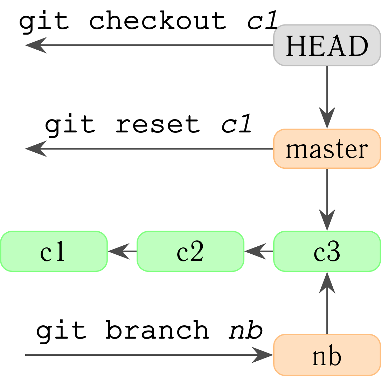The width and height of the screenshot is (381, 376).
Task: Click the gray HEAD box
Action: [327, 45]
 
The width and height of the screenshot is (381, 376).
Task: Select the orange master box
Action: [327, 149]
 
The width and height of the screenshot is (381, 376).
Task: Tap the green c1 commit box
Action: [54, 251]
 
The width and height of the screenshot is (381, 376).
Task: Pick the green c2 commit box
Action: [190, 251]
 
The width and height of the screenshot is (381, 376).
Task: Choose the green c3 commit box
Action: [327, 251]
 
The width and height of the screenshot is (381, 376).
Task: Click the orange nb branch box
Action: [327, 355]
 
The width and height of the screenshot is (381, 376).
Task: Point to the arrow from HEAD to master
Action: [327, 97]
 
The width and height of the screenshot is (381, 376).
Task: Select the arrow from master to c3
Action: [327, 200]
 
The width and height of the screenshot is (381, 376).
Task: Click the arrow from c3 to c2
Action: [259, 251]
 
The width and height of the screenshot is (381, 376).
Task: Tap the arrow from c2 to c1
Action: [122, 251]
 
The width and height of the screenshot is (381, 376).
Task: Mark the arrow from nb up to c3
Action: [327, 303]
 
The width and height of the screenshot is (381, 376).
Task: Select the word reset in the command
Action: [158, 124]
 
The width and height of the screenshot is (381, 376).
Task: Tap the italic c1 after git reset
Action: [236, 124]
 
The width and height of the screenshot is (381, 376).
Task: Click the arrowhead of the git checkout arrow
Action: [36, 45]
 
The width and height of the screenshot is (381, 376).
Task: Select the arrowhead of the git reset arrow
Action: [36, 149]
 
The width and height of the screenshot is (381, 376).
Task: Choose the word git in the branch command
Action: [61, 331]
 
